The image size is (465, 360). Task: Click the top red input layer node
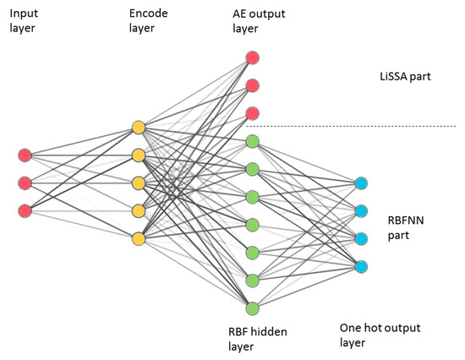click(x=25, y=155)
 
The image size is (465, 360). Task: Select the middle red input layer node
click(x=25, y=183)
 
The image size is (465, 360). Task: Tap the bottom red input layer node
click(x=25, y=210)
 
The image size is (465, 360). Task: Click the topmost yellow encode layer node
click(x=139, y=128)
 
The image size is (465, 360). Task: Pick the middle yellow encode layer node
click(x=139, y=183)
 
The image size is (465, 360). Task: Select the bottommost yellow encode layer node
click(x=139, y=238)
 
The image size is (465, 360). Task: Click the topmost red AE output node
click(x=252, y=58)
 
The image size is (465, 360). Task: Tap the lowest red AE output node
click(x=252, y=113)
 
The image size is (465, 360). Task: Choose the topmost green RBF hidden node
click(x=252, y=141)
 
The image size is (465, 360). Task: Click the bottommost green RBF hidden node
click(x=252, y=308)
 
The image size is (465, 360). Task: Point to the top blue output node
click(x=362, y=183)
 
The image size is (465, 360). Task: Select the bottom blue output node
click(x=362, y=266)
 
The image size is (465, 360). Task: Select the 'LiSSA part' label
click(x=405, y=77)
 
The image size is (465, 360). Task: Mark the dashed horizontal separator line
click(x=355, y=127)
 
